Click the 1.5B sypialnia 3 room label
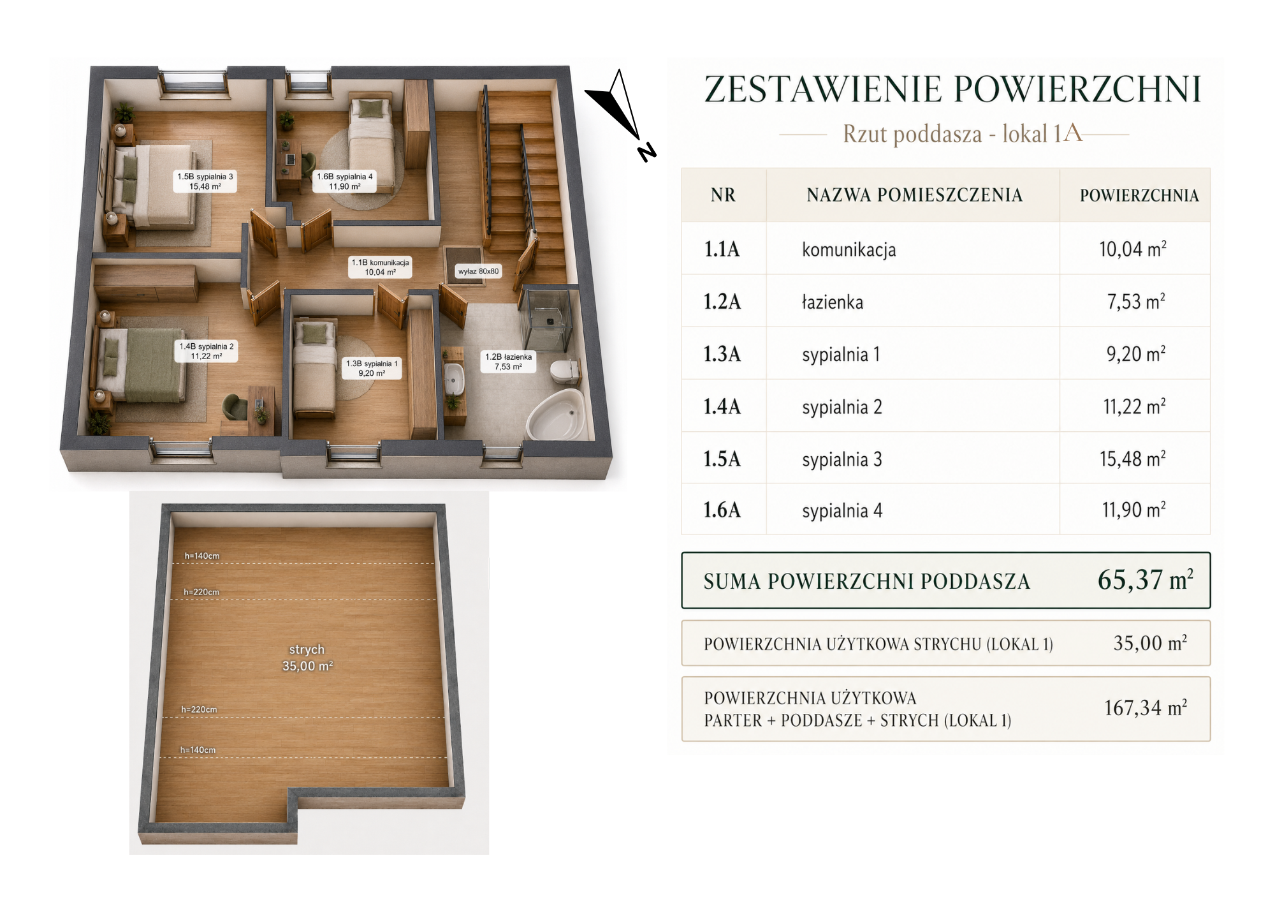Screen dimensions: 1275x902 point(205,181)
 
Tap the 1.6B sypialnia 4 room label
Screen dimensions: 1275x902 point(345,181)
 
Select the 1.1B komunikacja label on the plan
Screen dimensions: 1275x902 point(381,267)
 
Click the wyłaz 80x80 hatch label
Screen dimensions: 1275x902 point(478,271)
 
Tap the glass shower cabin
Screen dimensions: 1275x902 point(546,319)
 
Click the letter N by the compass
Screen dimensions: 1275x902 point(646,152)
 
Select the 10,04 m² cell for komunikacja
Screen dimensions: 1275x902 point(1133,249)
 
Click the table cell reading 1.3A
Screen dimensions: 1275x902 point(722,354)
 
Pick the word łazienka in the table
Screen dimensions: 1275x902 point(833,302)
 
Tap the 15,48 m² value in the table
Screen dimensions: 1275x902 point(1133,459)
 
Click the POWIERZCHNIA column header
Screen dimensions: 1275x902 point(1139,195)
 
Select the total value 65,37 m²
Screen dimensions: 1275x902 point(1145,580)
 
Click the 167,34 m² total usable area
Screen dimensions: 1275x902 point(1146,707)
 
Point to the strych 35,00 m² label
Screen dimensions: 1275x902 point(307,658)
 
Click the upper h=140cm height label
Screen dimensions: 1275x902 point(202,556)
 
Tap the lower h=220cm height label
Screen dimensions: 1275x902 point(199,709)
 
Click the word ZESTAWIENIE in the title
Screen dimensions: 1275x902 point(823,89)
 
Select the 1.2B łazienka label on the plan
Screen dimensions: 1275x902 point(508,362)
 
